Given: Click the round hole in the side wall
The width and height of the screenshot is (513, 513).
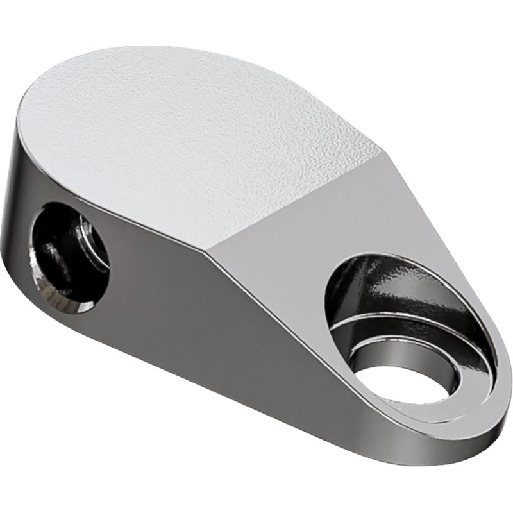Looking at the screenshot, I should pos(69,256).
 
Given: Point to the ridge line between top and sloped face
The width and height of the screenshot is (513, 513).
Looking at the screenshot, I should pos(301,199).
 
